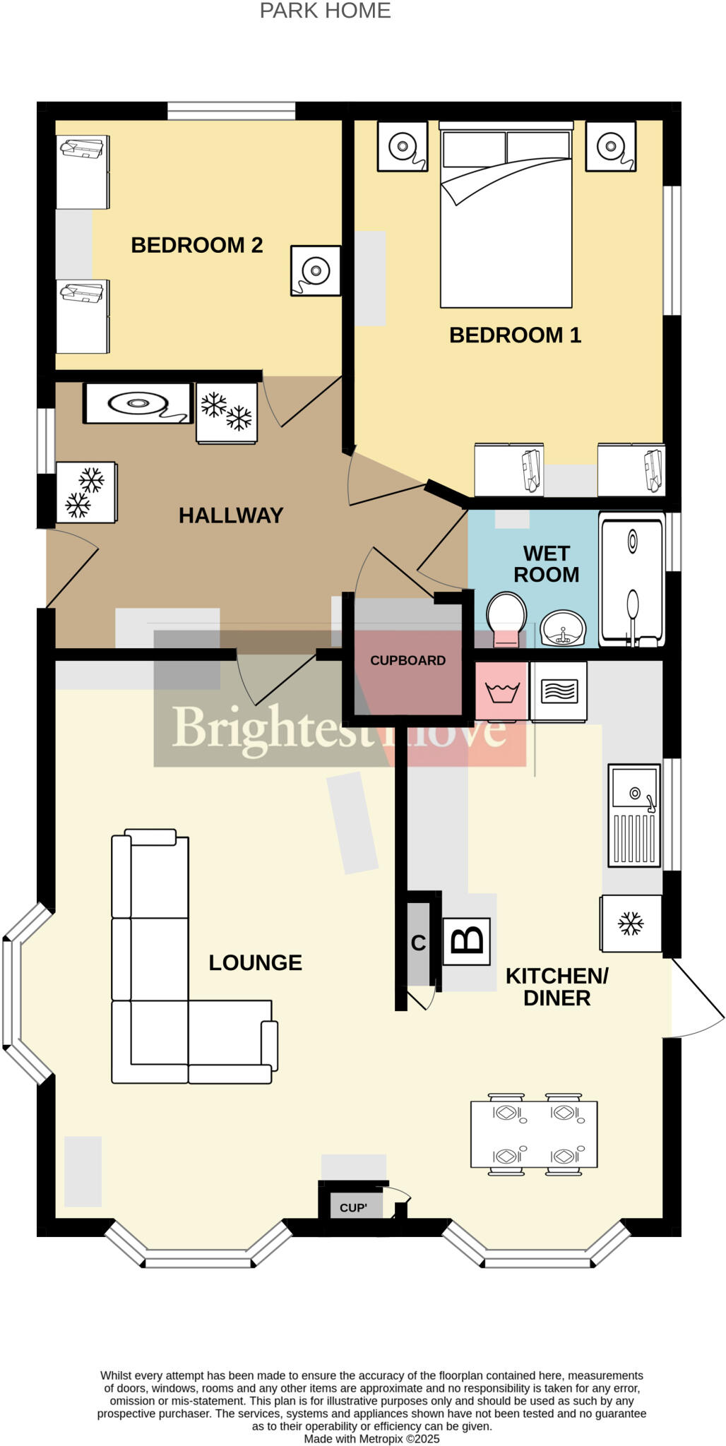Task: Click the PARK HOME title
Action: [x=325, y=11]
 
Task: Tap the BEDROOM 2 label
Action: [x=196, y=245]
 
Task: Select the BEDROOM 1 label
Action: [x=515, y=335]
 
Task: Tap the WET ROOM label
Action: [x=546, y=563]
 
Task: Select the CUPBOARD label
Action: [x=407, y=661]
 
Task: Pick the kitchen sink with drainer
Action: [x=634, y=815]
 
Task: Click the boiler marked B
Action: [x=466, y=941]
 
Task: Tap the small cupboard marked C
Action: [x=418, y=943]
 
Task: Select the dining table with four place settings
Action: [x=534, y=1134]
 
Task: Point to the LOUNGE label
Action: [x=255, y=962]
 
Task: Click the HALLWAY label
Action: [x=230, y=515]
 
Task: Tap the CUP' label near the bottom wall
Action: [x=353, y=1208]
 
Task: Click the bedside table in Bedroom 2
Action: [x=316, y=270]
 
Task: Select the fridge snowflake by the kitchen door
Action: [x=630, y=924]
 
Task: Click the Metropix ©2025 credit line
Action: [x=371, y=1439]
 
